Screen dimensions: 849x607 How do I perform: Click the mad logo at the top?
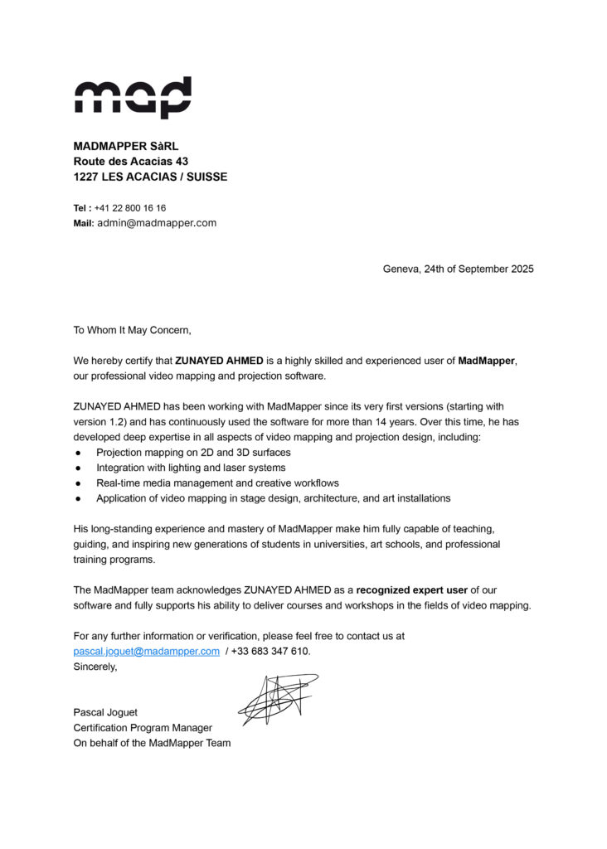(x=133, y=98)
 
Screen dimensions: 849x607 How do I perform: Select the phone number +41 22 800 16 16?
(x=130, y=208)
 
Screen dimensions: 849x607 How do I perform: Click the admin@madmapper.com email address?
(x=157, y=223)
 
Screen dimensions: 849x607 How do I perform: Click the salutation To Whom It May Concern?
(x=132, y=330)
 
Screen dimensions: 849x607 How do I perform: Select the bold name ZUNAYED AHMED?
(x=219, y=361)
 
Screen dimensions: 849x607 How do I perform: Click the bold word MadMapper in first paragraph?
(x=486, y=361)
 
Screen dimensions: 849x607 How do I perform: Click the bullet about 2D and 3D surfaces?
(x=193, y=453)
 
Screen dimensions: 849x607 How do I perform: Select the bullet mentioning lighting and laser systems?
(x=192, y=468)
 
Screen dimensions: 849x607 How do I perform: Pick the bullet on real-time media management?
(x=217, y=483)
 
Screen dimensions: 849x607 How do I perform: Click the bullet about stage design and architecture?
(x=273, y=498)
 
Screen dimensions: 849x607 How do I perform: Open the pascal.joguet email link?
(x=147, y=652)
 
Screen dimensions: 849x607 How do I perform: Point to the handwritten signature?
(x=277, y=699)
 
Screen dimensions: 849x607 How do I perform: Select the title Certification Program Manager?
(x=143, y=728)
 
